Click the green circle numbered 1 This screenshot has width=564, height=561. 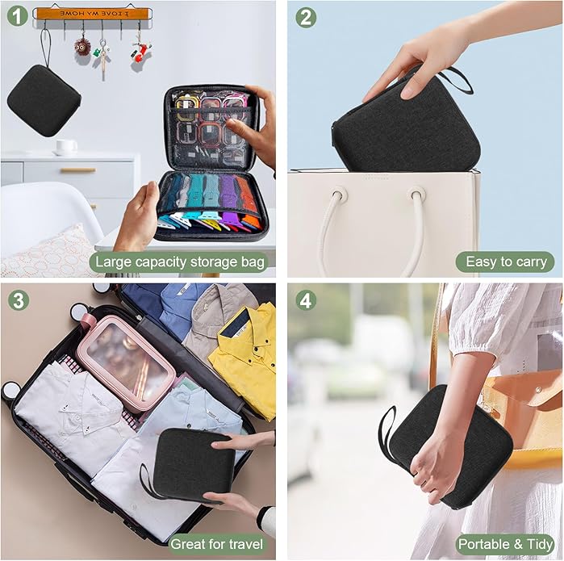(17, 16)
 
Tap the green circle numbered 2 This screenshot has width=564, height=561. (306, 17)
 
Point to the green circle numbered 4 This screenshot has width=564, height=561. (306, 300)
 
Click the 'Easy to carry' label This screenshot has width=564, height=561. (505, 262)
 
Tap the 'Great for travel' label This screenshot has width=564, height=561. (216, 544)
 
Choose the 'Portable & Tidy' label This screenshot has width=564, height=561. (505, 544)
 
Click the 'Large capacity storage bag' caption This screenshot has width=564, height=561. (179, 262)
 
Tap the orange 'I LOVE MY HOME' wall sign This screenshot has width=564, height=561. (93, 14)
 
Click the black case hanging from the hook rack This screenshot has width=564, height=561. (44, 101)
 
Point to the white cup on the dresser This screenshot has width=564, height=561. (66, 146)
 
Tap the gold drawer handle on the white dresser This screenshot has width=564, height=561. (77, 170)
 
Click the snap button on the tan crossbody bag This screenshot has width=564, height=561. (538, 390)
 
